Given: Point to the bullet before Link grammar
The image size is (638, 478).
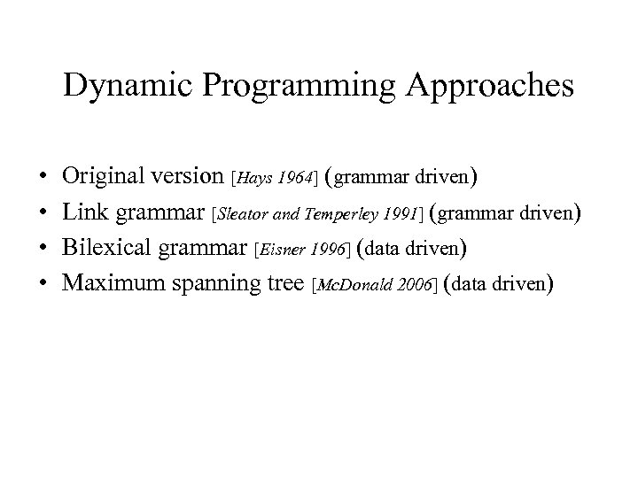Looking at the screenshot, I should click(x=43, y=212).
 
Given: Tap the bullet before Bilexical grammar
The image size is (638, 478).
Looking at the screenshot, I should click(x=43, y=248).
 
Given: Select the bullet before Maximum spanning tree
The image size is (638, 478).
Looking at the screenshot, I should click(x=43, y=283).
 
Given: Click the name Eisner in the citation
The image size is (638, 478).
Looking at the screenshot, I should click(x=281, y=250).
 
